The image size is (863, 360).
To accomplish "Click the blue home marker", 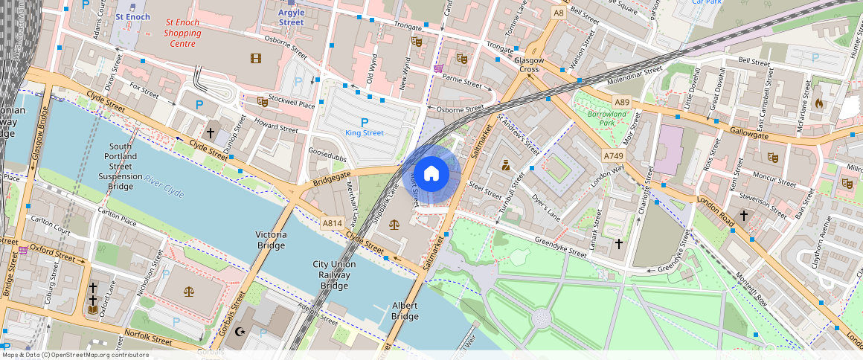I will click(431, 175).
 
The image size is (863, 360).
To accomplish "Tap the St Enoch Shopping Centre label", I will click(182, 33).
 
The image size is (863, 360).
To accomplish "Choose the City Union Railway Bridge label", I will click(334, 274).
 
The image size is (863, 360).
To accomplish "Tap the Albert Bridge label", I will click(405, 311).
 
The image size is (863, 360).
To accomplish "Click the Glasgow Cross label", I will click(529, 65).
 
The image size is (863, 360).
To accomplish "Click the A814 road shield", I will click(333, 222).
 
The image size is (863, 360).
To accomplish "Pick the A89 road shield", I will click(622, 102).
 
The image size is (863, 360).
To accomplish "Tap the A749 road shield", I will click(613, 155).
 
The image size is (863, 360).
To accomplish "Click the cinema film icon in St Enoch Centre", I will click(256, 58).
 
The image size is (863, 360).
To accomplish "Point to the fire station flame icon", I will click(819, 103).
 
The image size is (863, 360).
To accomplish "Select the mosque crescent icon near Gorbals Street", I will click(240, 332).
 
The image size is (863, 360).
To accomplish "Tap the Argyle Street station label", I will click(292, 17).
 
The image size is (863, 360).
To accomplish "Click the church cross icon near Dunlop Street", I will click(211, 132).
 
